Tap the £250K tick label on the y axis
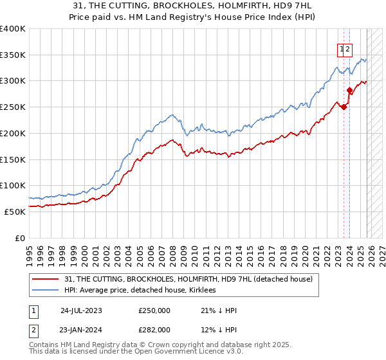pyautogui.click(x=12, y=107)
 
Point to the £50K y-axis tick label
pyautogui.click(x=14, y=212)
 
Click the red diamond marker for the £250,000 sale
pyautogui.click(x=344, y=107)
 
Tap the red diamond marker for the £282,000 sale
pyautogui.click(x=349, y=90)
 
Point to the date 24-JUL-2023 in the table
pyautogui.click(x=81, y=310)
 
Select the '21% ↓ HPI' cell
pyautogui.click(x=219, y=310)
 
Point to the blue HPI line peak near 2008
pyautogui.click(x=172, y=115)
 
